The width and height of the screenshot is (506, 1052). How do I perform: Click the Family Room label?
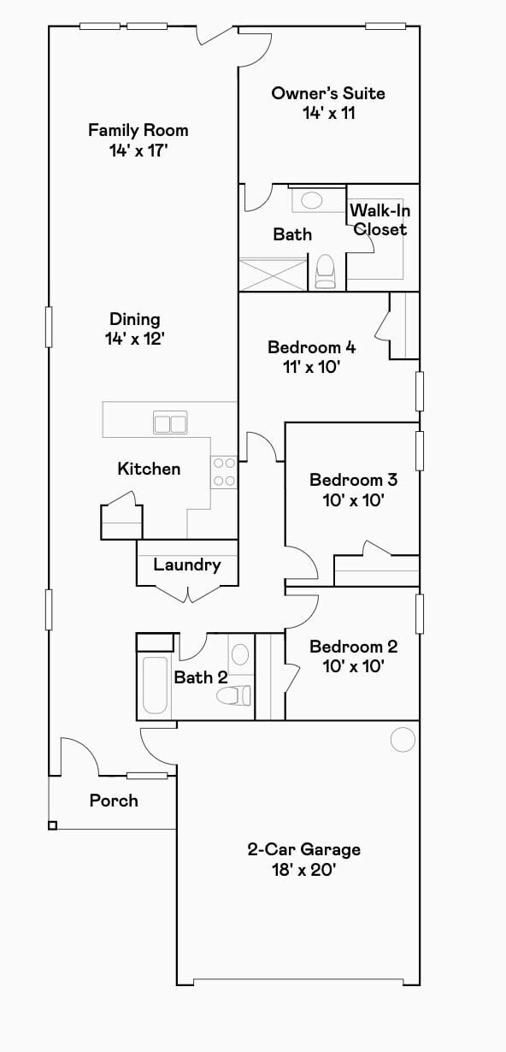tap(138, 131)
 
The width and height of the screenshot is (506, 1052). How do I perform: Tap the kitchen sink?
tap(170, 423)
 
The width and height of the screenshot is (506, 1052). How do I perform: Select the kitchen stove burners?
tap(224, 472)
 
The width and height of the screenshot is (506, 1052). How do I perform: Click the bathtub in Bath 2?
tap(155, 685)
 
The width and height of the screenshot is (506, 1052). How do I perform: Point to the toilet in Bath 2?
tap(233, 695)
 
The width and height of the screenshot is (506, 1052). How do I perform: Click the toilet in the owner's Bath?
tap(325, 272)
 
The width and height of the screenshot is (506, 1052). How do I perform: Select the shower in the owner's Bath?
tap(272, 275)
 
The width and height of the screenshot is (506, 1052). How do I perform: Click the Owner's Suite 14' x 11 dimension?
tap(328, 113)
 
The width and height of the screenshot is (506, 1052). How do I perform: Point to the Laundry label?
tap(187, 564)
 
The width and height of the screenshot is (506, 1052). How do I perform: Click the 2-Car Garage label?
tap(303, 849)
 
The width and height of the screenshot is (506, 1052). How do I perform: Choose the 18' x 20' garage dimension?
tap(303, 871)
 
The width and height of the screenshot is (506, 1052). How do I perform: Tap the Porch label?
tap(114, 801)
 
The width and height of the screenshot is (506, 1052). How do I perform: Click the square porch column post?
tap(52, 825)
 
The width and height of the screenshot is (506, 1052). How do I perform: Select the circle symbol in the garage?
tap(403, 740)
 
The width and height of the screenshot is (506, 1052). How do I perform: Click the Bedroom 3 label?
tap(353, 480)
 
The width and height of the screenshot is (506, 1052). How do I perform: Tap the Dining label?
tap(135, 319)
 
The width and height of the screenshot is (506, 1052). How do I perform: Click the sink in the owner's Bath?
tap(312, 201)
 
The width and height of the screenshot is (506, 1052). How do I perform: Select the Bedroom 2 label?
tap(353, 647)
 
